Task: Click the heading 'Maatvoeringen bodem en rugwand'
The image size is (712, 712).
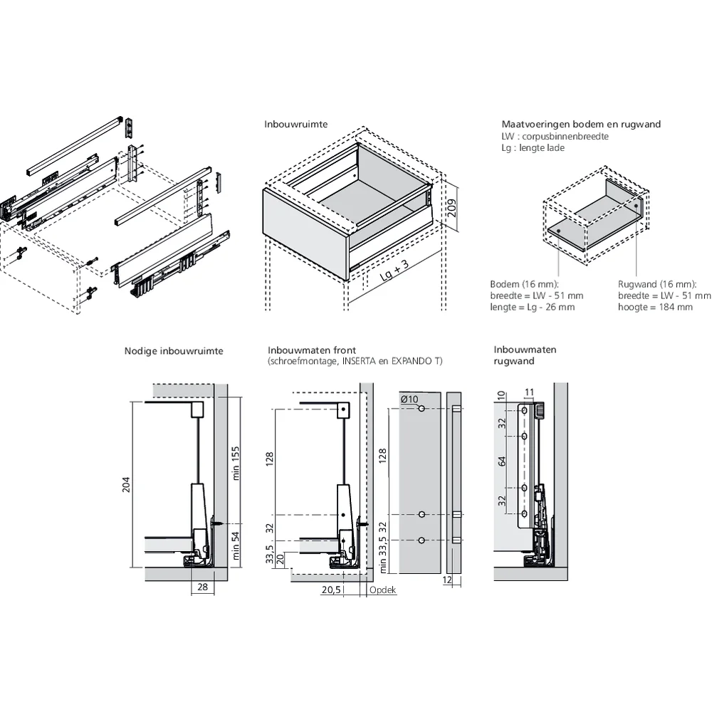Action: point(581,124)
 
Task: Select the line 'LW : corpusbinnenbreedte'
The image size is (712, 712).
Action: point(555,136)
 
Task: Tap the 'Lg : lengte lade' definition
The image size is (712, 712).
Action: point(533,147)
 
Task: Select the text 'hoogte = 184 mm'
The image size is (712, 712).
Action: point(655,307)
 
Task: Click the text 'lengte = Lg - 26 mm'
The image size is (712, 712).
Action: point(533,307)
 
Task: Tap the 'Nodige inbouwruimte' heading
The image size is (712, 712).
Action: point(174,351)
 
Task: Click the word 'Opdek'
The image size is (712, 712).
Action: point(382,590)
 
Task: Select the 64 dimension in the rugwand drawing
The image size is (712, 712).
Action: point(502,461)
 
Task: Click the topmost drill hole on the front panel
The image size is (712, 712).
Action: point(422,409)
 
